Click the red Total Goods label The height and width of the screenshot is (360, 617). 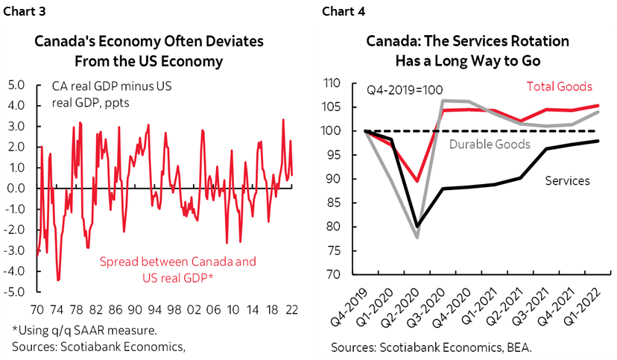tap(559, 87)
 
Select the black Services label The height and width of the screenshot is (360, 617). tap(569, 180)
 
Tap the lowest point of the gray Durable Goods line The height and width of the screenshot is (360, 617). tap(417, 237)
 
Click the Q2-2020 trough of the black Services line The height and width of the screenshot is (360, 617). tap(417, 225)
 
